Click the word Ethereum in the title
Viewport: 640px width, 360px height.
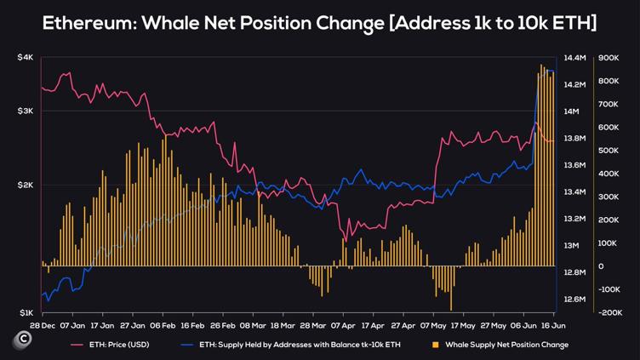91,24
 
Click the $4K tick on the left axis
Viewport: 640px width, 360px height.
25,57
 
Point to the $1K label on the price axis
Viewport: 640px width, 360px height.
25,313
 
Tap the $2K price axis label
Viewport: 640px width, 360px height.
25,185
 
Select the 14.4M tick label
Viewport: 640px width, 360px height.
575,58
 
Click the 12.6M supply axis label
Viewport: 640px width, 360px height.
575,300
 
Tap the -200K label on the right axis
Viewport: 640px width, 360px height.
609,313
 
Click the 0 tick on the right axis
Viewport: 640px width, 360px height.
601,266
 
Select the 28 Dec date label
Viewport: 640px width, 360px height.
43,325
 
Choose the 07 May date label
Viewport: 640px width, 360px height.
433,325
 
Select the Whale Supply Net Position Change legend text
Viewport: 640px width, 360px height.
506,345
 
